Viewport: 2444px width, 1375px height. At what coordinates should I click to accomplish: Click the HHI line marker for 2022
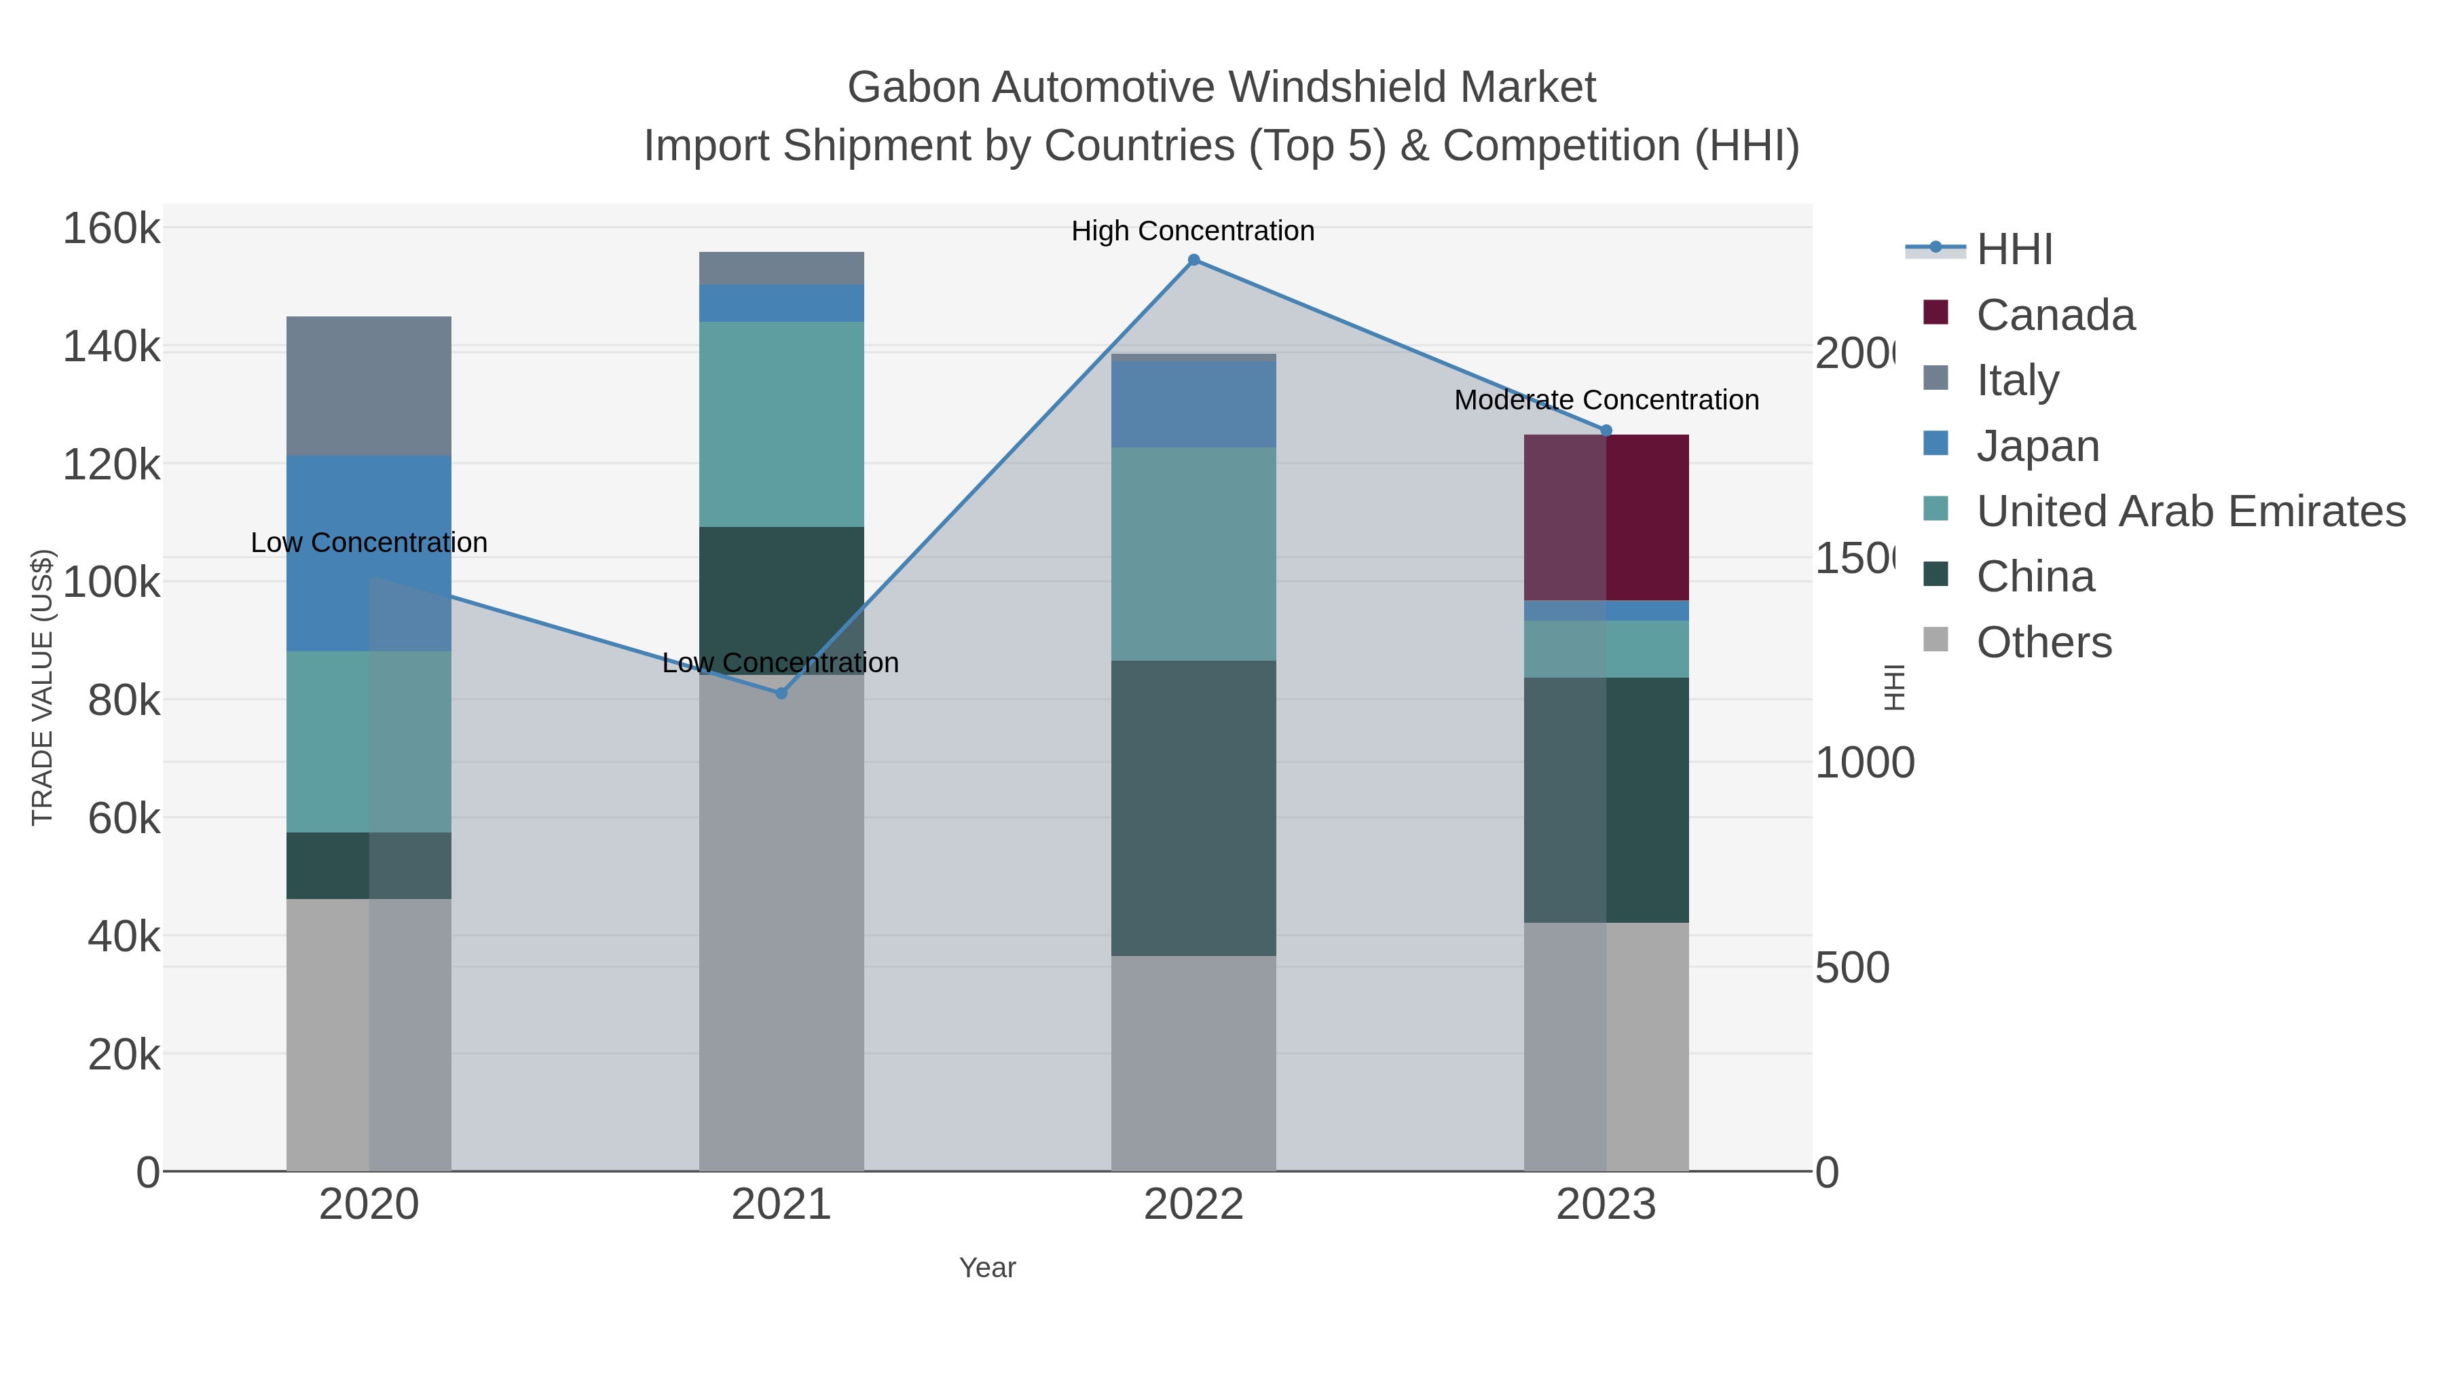tap(1193, 260)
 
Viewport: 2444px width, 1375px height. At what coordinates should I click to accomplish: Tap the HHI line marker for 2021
tap(781, 694)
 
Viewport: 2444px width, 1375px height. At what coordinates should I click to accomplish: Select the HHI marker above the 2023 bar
tap(1606, 430)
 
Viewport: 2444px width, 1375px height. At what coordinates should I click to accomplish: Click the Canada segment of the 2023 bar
tap(1606, 517)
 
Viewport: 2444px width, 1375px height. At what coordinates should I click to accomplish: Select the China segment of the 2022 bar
tap(1193, 807)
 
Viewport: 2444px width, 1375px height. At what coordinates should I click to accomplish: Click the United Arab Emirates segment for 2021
tap(781, 424)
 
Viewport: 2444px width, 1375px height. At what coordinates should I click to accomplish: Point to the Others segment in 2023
tap(1606, 1046)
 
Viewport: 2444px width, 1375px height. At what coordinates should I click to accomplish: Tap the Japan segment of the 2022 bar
tap(1193, 404)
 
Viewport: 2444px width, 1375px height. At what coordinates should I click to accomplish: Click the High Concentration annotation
tap(1193, 232)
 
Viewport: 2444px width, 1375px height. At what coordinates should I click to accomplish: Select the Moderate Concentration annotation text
tap(1606, 401)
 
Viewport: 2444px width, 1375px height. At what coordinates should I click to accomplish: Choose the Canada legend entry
tap(2055, 315)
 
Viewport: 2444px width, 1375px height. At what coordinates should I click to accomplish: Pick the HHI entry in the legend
tap(2014, 250)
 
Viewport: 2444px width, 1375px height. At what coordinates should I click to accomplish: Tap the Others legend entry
tap(2043, 642)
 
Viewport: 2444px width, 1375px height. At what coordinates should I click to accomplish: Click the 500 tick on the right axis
tap(1852, 968)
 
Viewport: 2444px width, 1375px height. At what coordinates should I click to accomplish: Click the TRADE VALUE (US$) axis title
tap(43, 687)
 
